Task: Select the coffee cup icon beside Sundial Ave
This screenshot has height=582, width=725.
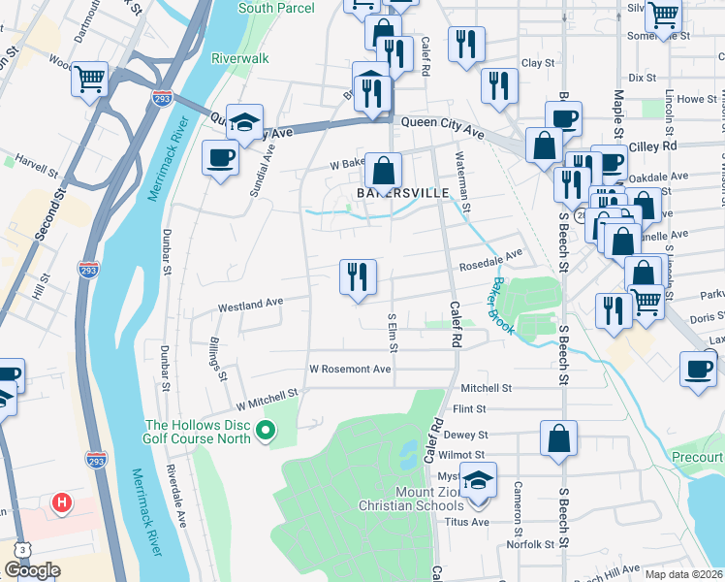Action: [x=220, y=156]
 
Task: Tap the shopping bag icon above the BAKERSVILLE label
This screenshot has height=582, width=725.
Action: [x=384, y=171]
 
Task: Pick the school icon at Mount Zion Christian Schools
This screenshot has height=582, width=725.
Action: [x=477, y=482]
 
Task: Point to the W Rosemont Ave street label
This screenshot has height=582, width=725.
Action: [x=350, y=370]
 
